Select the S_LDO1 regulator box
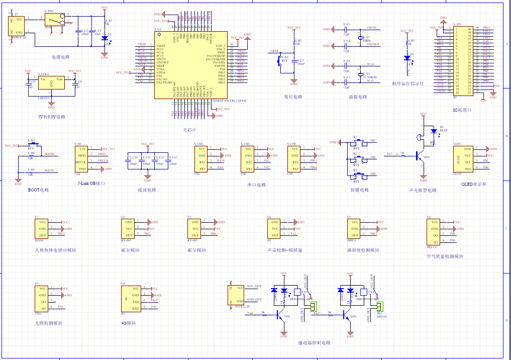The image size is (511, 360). [x=51, y=83]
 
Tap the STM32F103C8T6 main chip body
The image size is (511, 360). [x=190, y=64]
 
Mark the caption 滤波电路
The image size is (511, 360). [x=147, y=190]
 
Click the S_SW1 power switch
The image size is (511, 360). [x=54, y=20]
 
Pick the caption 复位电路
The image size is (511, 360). [x=293, y=97]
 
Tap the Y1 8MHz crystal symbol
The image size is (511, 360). [x=360, y=38]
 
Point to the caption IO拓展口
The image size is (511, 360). [x=462, y=109]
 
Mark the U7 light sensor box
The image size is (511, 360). [x=42, y=298]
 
